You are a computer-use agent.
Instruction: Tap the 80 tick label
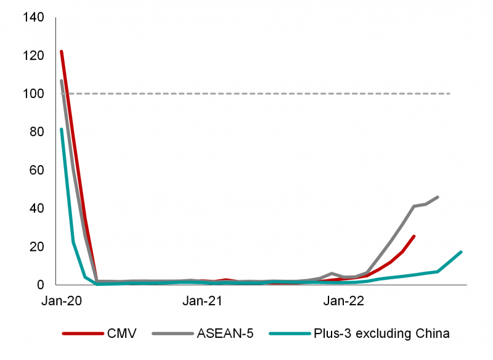36,133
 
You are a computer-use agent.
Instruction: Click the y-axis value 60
36,171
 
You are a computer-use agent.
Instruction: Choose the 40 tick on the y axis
36,209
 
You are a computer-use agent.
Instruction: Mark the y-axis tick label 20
36,247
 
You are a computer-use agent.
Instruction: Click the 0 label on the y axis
40,285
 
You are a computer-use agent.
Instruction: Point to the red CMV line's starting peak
61,51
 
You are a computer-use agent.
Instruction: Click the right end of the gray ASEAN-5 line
438,197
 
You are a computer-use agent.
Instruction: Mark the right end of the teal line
461,252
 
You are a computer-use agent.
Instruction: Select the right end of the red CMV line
414,236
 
